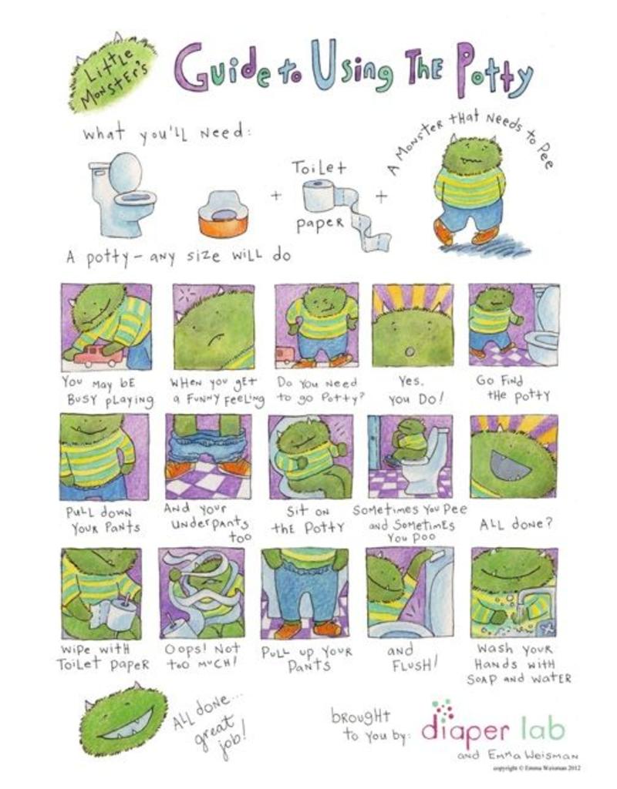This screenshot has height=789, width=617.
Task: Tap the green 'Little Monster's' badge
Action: (113, 74)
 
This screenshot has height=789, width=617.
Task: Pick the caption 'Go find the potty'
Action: (513, 388)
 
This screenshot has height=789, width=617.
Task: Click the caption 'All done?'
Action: (516, 523)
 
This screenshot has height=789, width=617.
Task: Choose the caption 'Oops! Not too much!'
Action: (204, 656)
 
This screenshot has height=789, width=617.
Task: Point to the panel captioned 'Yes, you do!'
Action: (413, 326)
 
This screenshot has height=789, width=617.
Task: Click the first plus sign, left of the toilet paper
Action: (276, 195)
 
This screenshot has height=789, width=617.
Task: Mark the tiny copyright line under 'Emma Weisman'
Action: (537, 768)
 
